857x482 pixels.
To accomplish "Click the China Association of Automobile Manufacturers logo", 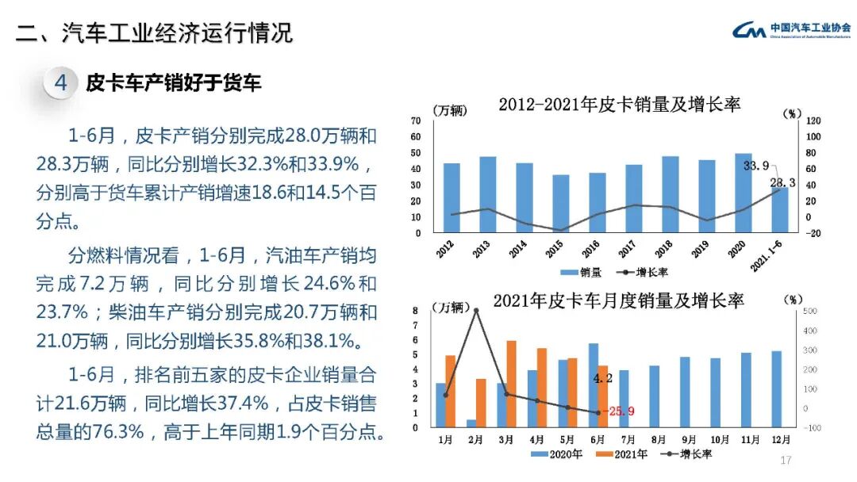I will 789,30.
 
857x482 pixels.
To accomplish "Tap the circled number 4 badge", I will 61,83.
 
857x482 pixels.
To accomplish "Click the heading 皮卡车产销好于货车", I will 173,83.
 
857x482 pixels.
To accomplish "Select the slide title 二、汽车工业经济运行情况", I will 155,33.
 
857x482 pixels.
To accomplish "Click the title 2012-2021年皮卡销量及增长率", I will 619,104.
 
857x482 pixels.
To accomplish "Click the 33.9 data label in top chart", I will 755,166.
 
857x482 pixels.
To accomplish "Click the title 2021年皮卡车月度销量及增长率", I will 617,301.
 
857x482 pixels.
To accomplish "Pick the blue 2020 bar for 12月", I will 776,388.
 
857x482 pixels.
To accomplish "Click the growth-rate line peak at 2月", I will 476,310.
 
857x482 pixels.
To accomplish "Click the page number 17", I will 786,461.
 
